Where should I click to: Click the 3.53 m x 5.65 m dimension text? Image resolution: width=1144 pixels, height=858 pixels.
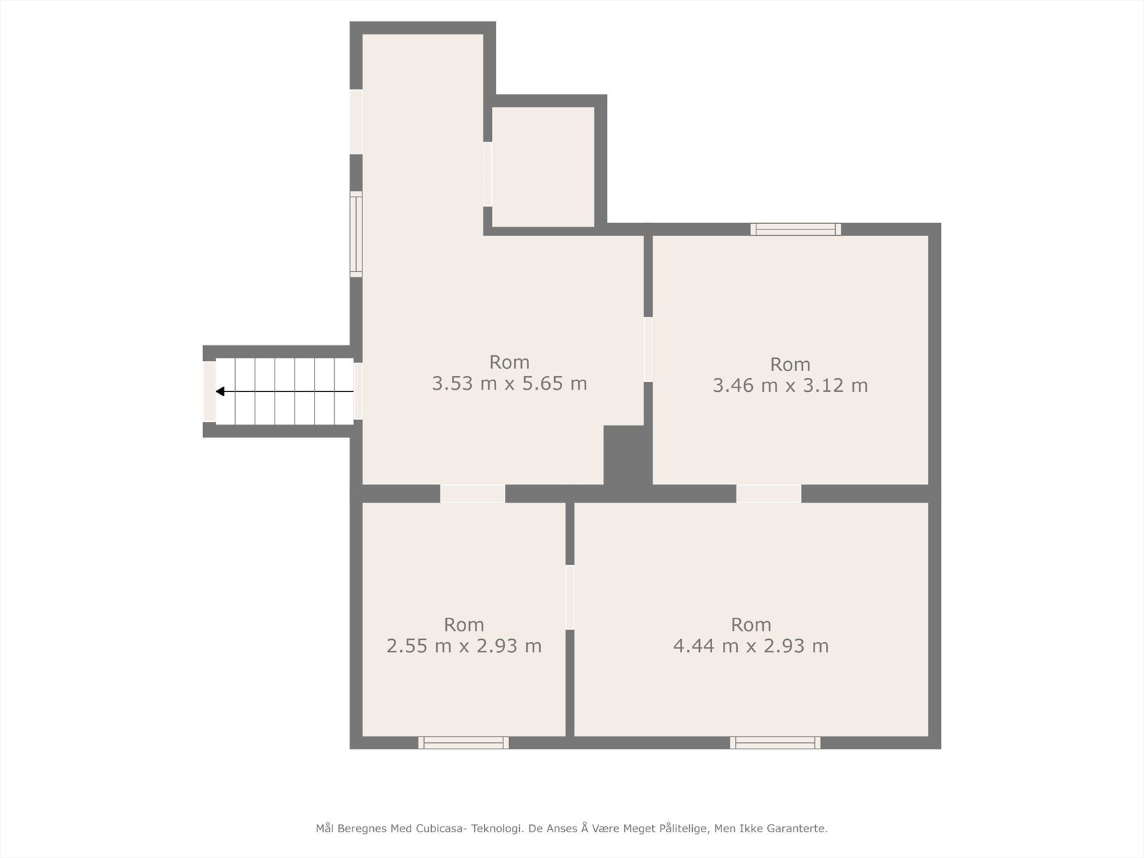[509, 384]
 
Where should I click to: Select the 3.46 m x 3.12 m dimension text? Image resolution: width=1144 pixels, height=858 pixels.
[790, 386]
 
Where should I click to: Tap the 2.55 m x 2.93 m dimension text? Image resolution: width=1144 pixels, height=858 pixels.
[464, 646]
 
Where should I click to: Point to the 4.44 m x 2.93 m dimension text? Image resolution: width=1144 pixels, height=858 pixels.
[751, 646]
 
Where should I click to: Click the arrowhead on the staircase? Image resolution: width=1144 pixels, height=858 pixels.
[220, 391]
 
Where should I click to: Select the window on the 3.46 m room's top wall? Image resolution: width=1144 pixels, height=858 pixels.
[796, 229]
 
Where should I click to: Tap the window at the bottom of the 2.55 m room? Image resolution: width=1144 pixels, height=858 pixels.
[463, 743]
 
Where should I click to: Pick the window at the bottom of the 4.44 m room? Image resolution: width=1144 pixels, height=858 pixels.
[775, 743]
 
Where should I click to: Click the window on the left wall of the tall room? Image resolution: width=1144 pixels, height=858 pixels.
[355, 234]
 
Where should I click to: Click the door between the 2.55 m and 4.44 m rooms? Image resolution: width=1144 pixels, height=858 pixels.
[570, 597]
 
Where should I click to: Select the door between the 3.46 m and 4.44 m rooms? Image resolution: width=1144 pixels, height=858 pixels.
[769, 493]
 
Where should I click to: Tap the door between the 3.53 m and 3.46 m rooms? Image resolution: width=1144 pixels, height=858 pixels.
[648, 349]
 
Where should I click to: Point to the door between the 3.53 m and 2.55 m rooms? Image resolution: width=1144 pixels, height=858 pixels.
[473, 493]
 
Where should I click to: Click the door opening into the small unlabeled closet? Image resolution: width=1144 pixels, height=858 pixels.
[488, 174]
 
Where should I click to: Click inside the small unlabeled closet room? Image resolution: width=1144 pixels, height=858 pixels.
[543, 167]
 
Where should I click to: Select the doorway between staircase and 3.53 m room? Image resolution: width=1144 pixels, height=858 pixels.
[357, 391]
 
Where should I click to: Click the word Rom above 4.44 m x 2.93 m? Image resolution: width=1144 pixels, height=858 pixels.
[751, 624]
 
